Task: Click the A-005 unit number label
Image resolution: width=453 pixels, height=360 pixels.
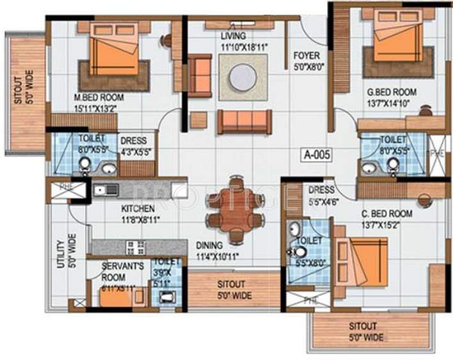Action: click(316, 154)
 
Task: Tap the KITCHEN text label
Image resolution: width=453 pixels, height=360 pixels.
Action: click(138, 208)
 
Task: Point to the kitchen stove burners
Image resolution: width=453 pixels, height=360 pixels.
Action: click(135, 247)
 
